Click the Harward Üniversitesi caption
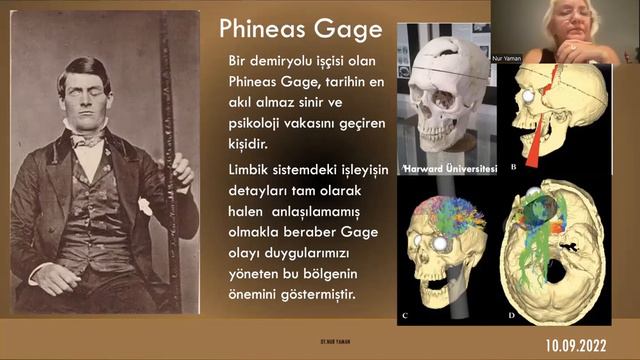click(x=450, y=168)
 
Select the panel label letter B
click(x=513, y=167)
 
